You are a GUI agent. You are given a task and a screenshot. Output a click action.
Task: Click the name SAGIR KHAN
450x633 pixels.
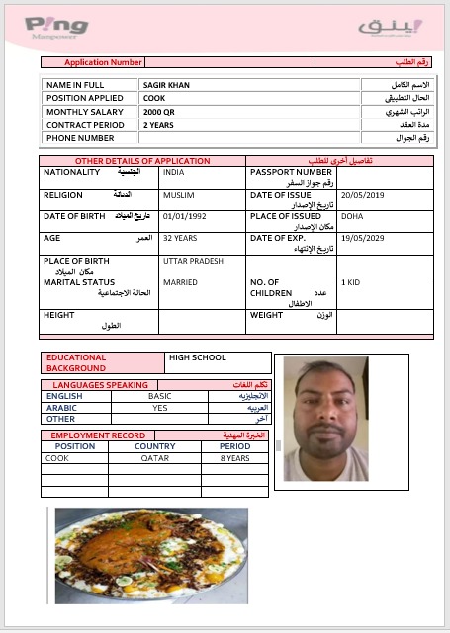click(166, 85)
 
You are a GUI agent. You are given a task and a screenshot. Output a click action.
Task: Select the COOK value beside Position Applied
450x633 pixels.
click(153, 99)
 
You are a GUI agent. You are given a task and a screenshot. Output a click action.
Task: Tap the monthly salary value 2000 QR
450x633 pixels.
click(159, 113)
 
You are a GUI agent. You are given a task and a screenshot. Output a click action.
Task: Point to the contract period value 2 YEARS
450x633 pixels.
click(158, 125)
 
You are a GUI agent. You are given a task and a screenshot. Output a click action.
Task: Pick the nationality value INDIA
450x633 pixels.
click(174, 172)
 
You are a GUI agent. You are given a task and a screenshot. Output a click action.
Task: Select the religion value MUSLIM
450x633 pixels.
click(179, 196)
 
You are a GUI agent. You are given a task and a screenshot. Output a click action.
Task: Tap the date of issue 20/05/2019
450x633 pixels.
click(360, 196)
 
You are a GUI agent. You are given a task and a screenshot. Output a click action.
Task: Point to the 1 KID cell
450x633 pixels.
click(351, 283)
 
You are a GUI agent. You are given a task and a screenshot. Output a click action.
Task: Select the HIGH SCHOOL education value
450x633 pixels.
click(198, 357)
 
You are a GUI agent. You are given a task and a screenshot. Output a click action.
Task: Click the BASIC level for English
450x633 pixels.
click(160, 396)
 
